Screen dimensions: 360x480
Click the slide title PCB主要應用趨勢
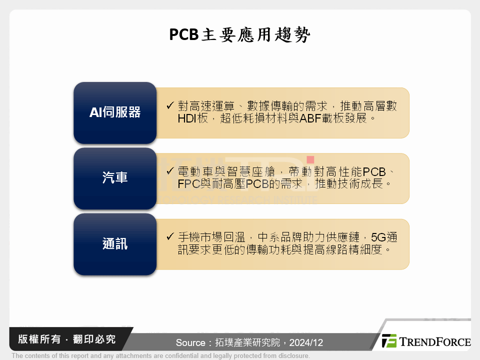240,35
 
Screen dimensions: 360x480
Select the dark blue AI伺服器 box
115,112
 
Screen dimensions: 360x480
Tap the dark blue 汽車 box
115,178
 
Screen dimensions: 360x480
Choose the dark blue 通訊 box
115,244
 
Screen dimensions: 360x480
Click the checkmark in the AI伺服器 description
170,106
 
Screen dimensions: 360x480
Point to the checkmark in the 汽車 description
170,171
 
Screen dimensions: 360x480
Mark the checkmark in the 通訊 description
170,236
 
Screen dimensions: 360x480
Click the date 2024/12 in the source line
306,343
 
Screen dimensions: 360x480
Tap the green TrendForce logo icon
389,341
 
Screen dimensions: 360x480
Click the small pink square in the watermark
310,159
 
